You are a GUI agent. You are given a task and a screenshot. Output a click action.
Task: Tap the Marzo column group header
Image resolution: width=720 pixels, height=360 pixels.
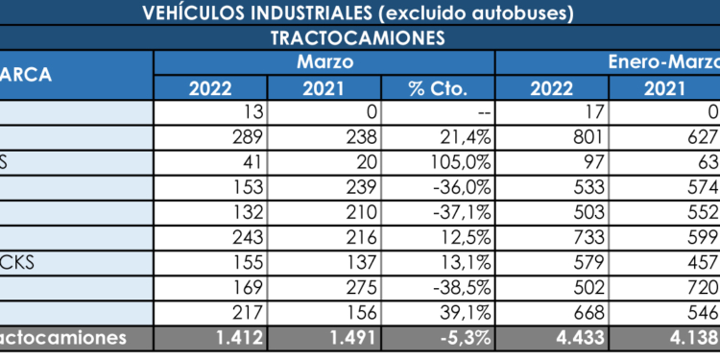324,62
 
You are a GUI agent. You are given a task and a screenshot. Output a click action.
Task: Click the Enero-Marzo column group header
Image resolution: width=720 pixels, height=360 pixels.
663,62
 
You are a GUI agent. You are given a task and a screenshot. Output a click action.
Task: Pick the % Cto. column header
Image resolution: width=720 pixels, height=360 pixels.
437,88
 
